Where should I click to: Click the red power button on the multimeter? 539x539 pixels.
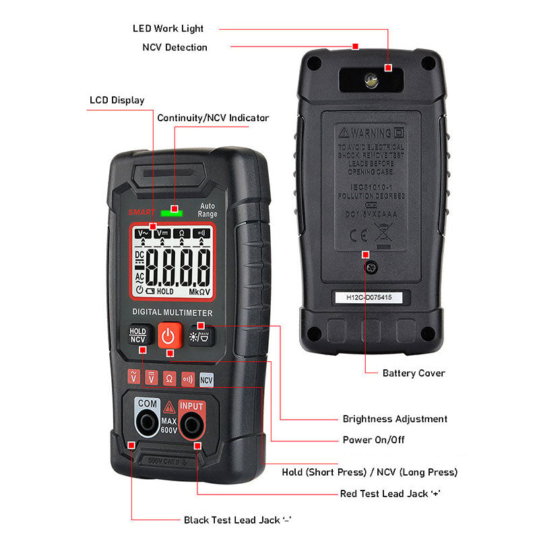tap(169, 336)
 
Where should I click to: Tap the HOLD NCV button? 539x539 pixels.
tap(138, 336)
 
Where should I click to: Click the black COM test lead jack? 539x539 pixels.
tap(146, 424)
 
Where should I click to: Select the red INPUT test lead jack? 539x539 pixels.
tap(191, 424)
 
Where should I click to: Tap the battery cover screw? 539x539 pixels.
tap(370, 267)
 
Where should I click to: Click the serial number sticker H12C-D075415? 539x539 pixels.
tap(369, 297)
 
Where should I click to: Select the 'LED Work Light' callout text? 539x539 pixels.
tap(168, 29)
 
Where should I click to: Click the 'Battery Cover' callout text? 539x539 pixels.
tap(414, 373)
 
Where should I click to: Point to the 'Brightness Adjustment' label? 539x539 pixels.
tap(395, 419)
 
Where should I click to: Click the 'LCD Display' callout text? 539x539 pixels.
tap(117, 100)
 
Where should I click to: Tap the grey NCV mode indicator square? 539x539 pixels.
tap(206, 379)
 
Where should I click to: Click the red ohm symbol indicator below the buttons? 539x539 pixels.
tap(169, 379)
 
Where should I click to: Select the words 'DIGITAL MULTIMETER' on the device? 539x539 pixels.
tap(172, 313)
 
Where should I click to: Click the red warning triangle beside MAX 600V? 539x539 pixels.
tap(168, 407)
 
